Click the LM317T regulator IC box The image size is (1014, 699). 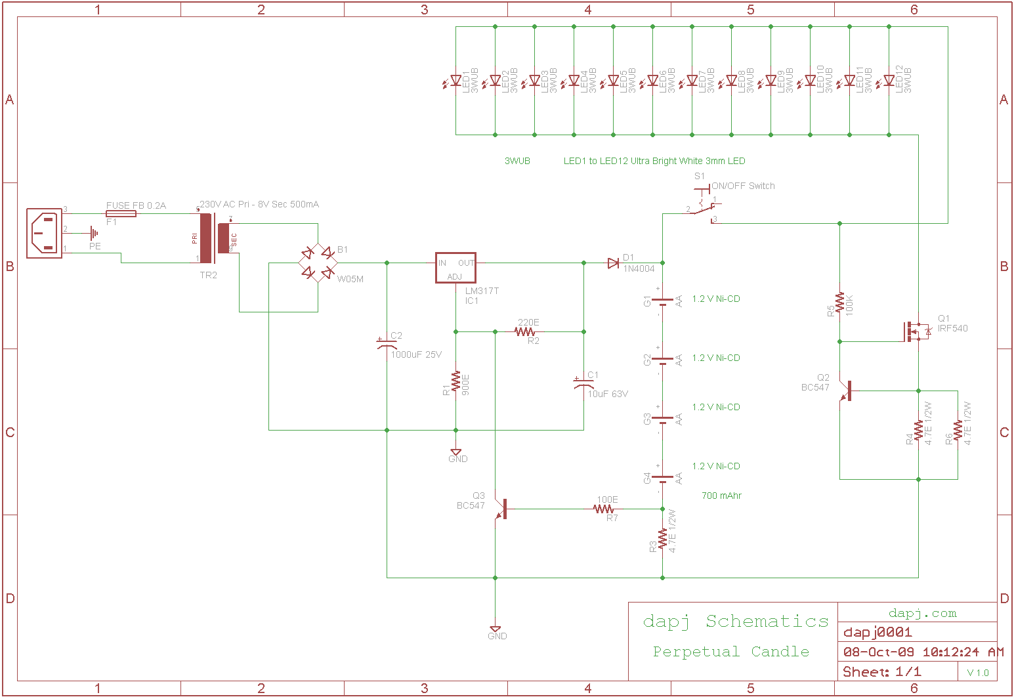(x=455, y=268)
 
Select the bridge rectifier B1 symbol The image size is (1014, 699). (x=318, y=263)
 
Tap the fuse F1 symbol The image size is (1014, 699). (x=121, y=213)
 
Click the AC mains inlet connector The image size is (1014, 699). (x=44, y=233)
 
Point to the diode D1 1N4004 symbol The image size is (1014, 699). (x=614, y=263)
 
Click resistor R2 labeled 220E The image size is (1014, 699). (x=525, y=332)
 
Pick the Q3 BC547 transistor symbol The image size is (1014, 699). (x=501, y=509)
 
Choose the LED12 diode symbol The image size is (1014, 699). (x=889, y=81)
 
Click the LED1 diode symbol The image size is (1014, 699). (x=455, y=81)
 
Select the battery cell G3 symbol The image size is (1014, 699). (x=662, y=419)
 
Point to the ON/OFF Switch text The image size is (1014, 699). (x=743, y=186)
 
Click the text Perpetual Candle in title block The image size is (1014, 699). (x=730, y=652)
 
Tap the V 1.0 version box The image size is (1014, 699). (x=977, y=673)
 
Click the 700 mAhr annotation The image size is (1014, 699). (x=721, y=496)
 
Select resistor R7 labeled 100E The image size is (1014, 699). (x=604, y=509)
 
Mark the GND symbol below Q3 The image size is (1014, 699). (x=496, y=631)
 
